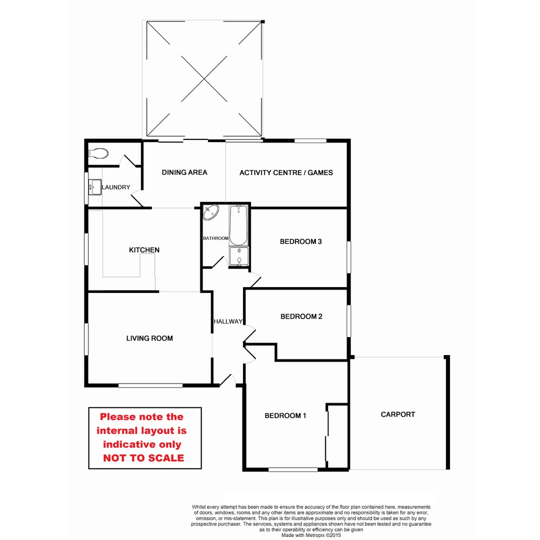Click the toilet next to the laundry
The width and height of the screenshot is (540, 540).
pos(98,153)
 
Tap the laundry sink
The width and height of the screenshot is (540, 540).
pos(94,187)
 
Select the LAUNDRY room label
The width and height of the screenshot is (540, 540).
pos(116,187)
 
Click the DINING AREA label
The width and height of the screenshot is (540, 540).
pos(184,172)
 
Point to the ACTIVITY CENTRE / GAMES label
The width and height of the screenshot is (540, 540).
pos(286,172)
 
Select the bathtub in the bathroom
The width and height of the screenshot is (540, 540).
pos(239,224)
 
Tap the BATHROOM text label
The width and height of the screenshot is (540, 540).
pos(215,238)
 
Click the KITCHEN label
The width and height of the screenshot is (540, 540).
pos(144,250)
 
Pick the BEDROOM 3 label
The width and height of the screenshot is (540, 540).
pos(300,241)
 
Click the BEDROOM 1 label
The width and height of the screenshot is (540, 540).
pos(285,415)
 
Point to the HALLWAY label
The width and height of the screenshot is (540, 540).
pos(228,321)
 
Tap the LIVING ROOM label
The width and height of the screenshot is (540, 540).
pos(149,338)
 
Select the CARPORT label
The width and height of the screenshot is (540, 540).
pos(398,414)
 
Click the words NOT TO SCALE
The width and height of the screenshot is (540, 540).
pos(143,458)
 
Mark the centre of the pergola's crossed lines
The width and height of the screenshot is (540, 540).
pos(203,79)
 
